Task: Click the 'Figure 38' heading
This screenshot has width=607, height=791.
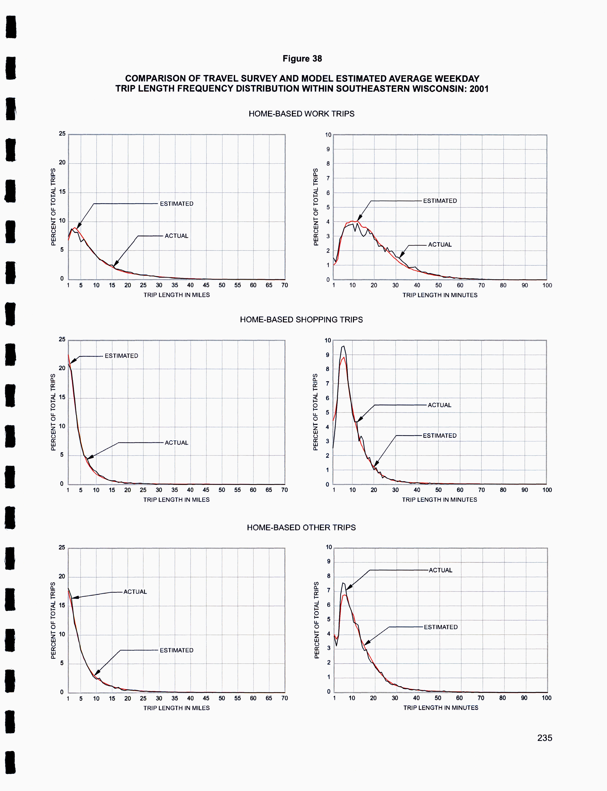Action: [302, 59]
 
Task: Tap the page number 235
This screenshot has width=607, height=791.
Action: [544, 738]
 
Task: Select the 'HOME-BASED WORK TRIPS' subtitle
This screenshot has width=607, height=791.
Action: [301, 114]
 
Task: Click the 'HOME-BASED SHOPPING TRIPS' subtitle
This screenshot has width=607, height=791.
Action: [301, 319]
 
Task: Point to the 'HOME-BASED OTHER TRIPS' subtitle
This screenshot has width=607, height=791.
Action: [301, 527]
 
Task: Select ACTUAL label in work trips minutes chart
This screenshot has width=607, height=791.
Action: [440, 244]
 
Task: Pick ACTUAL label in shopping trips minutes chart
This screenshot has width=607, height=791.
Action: [439, 405]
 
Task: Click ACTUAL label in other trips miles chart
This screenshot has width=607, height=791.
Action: [135, 592]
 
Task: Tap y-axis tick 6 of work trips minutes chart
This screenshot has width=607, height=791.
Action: [328, 193]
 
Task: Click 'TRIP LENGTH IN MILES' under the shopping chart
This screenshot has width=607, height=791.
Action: [176, 499]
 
